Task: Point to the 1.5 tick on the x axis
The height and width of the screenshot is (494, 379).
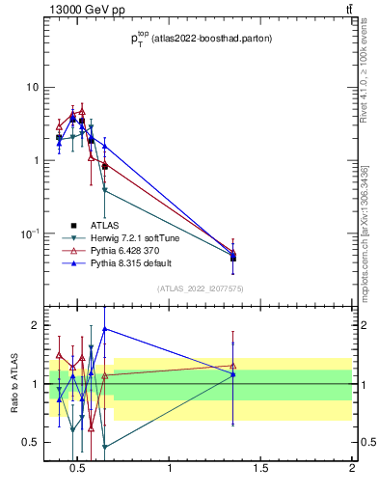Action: [260, 470]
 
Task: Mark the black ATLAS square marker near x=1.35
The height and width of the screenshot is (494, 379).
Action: [233, 258]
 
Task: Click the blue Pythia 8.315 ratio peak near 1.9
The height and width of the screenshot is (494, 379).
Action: [104, 328]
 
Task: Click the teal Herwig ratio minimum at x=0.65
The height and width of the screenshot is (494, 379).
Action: [104, 447]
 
